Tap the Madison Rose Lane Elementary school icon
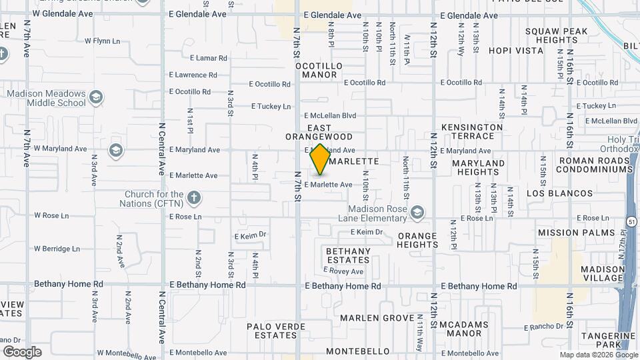click(x=417, y=213)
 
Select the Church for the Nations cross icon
click(x=194, y=198)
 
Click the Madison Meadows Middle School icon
click(x=96, y=98)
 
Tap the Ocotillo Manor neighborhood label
click(x=319, y=71)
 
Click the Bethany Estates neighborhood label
click(x=347, y=255)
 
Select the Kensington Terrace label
click(x=472, y=131)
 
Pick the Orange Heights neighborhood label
click(x=417, y=240)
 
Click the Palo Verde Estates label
click(x=276, y=331)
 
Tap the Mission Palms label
click(x=566, y=233)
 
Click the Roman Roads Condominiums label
click(x=595, y=165)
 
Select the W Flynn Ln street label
click(x=102, y=41)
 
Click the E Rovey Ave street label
click(x=343, y=271)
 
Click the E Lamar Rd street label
click(x=208, y=58)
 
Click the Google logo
click(x=22, y=351)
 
